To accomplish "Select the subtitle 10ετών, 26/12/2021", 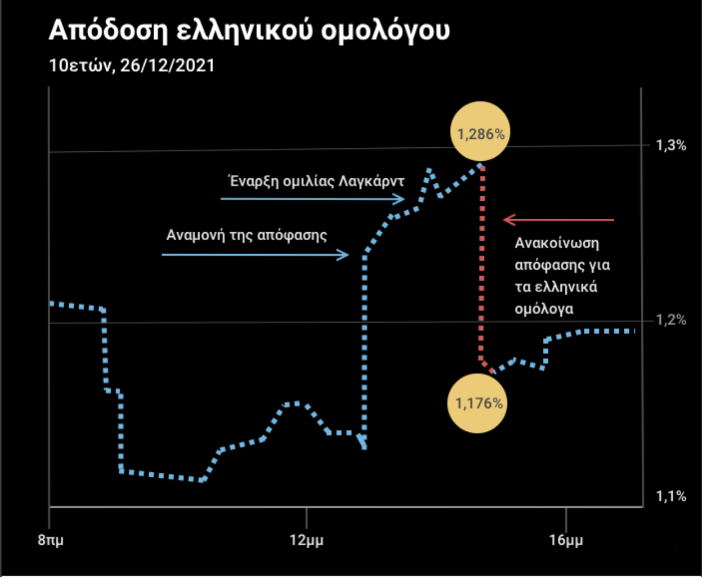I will point(132,66).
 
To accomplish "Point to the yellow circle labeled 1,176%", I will point(478,403).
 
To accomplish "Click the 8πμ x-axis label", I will point(51,541).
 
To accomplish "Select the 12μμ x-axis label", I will point(306,541).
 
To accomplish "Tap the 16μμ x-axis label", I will point(566,541).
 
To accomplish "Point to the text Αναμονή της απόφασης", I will point(246,235).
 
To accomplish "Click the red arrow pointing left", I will point(558,220).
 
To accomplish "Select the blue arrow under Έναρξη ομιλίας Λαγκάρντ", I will point(312,198).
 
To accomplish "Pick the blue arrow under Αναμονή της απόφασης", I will point(255,255).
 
